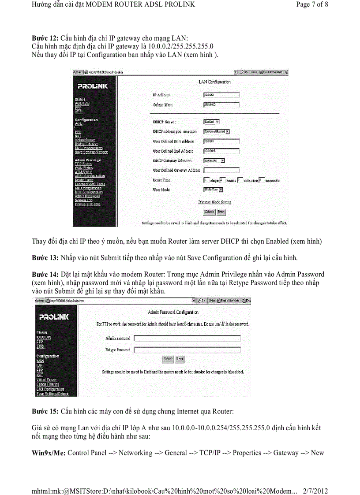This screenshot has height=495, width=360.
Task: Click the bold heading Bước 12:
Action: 45,38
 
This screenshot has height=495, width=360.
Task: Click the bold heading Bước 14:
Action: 45,274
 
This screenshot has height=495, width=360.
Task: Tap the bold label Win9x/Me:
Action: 49,453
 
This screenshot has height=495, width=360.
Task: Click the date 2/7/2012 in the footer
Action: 316,491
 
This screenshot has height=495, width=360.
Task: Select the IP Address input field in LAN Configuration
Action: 221,94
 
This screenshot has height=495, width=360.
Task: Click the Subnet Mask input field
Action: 221,104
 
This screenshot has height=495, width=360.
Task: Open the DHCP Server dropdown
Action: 211,122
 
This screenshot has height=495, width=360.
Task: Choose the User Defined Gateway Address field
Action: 221,170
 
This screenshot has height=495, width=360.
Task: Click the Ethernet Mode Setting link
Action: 214,202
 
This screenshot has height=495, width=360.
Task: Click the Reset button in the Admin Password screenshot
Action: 180,359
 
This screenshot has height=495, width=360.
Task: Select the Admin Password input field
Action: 187,339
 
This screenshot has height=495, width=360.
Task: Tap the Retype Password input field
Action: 187,350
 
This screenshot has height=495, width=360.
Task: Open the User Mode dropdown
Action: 213,190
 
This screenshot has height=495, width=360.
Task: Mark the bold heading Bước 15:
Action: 45,411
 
